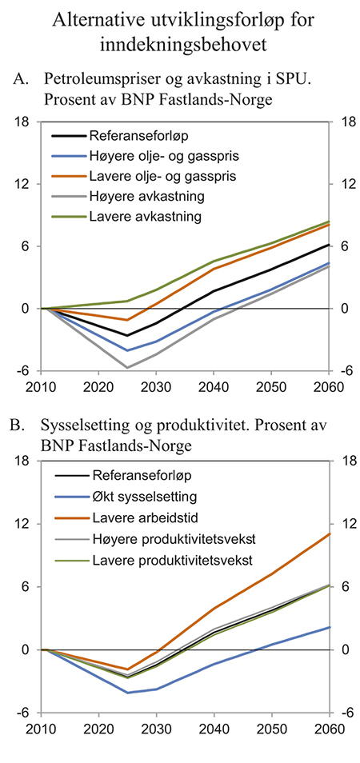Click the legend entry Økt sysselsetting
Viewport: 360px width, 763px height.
coord(142,495)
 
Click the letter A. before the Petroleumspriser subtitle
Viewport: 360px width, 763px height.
coord(22,79)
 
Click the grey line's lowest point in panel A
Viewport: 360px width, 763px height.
coord(127,368)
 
